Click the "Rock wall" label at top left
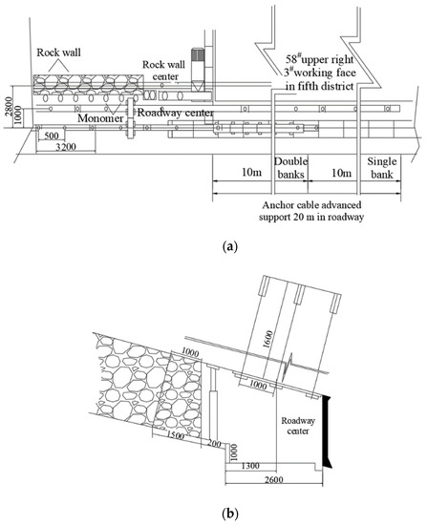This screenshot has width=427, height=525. [x=58, y=52]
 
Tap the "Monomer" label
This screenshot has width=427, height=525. [x=100, y=118]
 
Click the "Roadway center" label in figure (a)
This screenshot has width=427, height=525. [x=176, y=113]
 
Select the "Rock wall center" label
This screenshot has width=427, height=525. [x=164, y=71]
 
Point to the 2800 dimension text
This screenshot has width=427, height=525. [x=9, y=107]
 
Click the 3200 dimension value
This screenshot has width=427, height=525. [x=66, y=147]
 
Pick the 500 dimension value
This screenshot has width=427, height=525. [x=52, y=136]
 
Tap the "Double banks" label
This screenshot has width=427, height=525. [x=290, y=168]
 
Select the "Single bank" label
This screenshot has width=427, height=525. [x=382, y=168]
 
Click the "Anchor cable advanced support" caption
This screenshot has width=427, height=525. [x=311, y=211]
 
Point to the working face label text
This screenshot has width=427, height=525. [x=320, y=73]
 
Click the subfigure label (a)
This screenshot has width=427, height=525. [x=230, y=247]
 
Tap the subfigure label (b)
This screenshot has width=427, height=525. [x=230, y=513]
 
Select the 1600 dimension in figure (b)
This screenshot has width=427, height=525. [x=268, y=339]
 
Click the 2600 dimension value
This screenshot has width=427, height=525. [x=274, y=479]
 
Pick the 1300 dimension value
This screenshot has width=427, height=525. [x=250, y=466]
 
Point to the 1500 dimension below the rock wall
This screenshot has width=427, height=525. [x=176, y=435]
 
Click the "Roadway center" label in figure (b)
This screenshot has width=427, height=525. [x=298, y=426]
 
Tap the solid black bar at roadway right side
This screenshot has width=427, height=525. [x=327, y=431]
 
